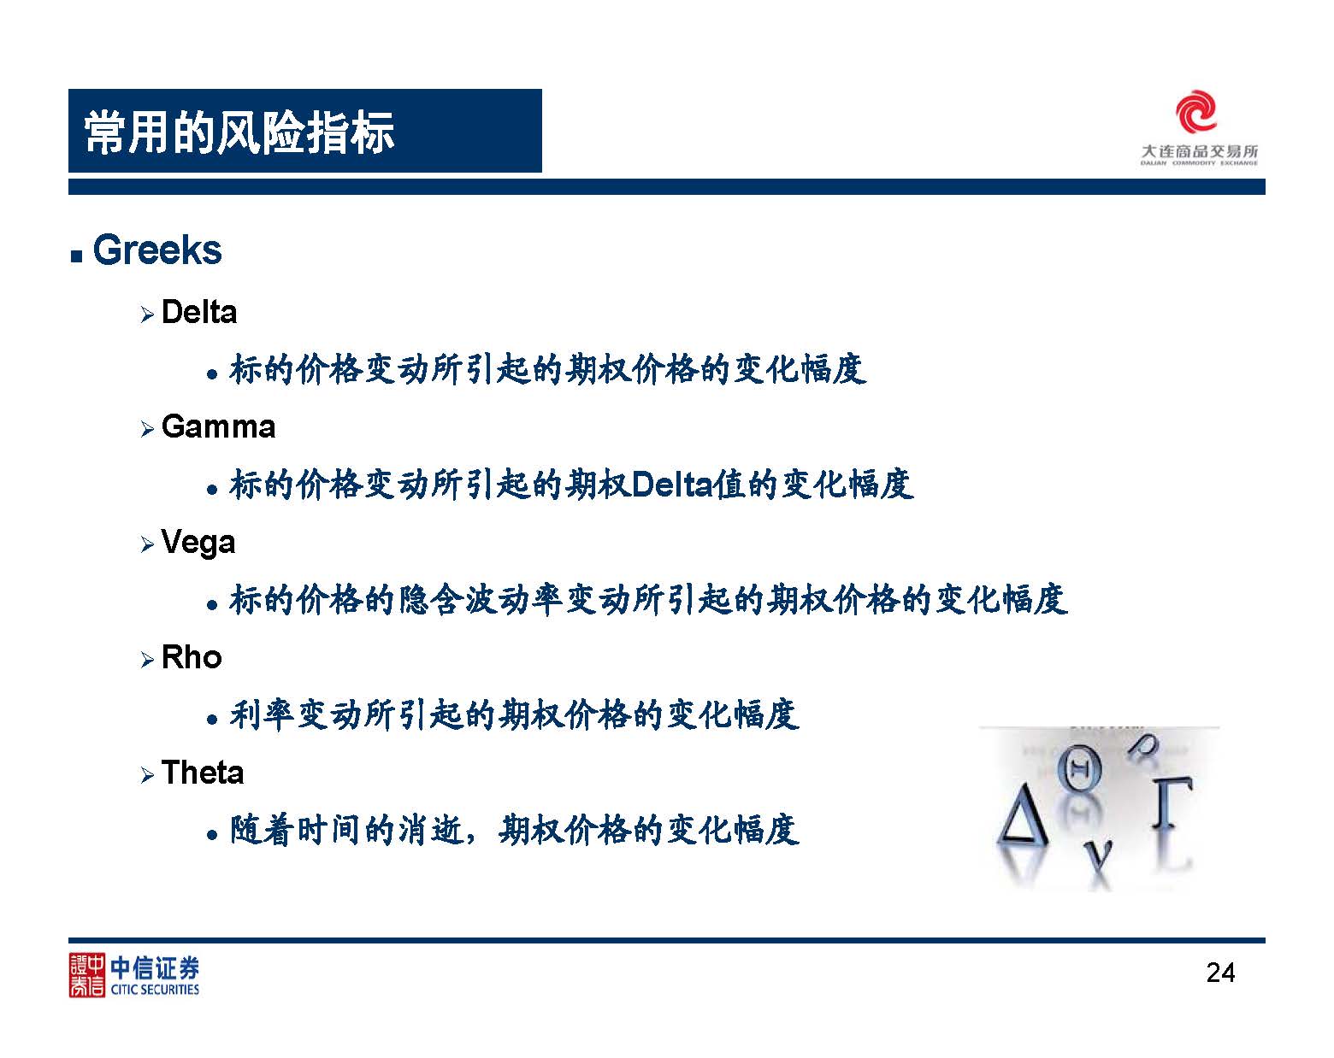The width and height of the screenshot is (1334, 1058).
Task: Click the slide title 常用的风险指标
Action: [239, 132]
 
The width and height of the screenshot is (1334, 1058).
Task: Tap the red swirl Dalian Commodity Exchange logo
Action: [1195, 111]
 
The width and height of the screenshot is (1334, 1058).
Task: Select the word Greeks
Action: [156, 250]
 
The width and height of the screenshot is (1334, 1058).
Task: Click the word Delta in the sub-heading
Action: [199, 312]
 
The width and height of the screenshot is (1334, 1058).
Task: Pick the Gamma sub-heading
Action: [218, 426]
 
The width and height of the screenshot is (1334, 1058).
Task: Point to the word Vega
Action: [198, 544]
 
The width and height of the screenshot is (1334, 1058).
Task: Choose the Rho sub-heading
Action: [192, 657]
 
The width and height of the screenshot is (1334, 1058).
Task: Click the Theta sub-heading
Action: [202, 773]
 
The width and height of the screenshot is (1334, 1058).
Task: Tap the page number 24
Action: [1220, 973]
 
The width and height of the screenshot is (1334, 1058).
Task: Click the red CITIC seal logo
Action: [86, 975]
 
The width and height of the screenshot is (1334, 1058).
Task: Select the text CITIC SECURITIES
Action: [155, 990]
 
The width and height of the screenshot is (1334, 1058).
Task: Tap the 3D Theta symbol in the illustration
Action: [1080, 768]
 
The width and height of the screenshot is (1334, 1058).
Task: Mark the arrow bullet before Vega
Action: [147, 544]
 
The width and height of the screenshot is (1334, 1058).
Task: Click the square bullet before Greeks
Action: [76, 256]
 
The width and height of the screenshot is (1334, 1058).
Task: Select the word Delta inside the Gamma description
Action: [672, 485]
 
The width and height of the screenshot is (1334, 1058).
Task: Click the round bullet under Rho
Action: [212, 720]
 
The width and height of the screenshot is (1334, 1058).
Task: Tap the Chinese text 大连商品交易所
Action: [1199, 152]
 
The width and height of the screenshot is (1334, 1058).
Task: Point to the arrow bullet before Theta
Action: [147, 775]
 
